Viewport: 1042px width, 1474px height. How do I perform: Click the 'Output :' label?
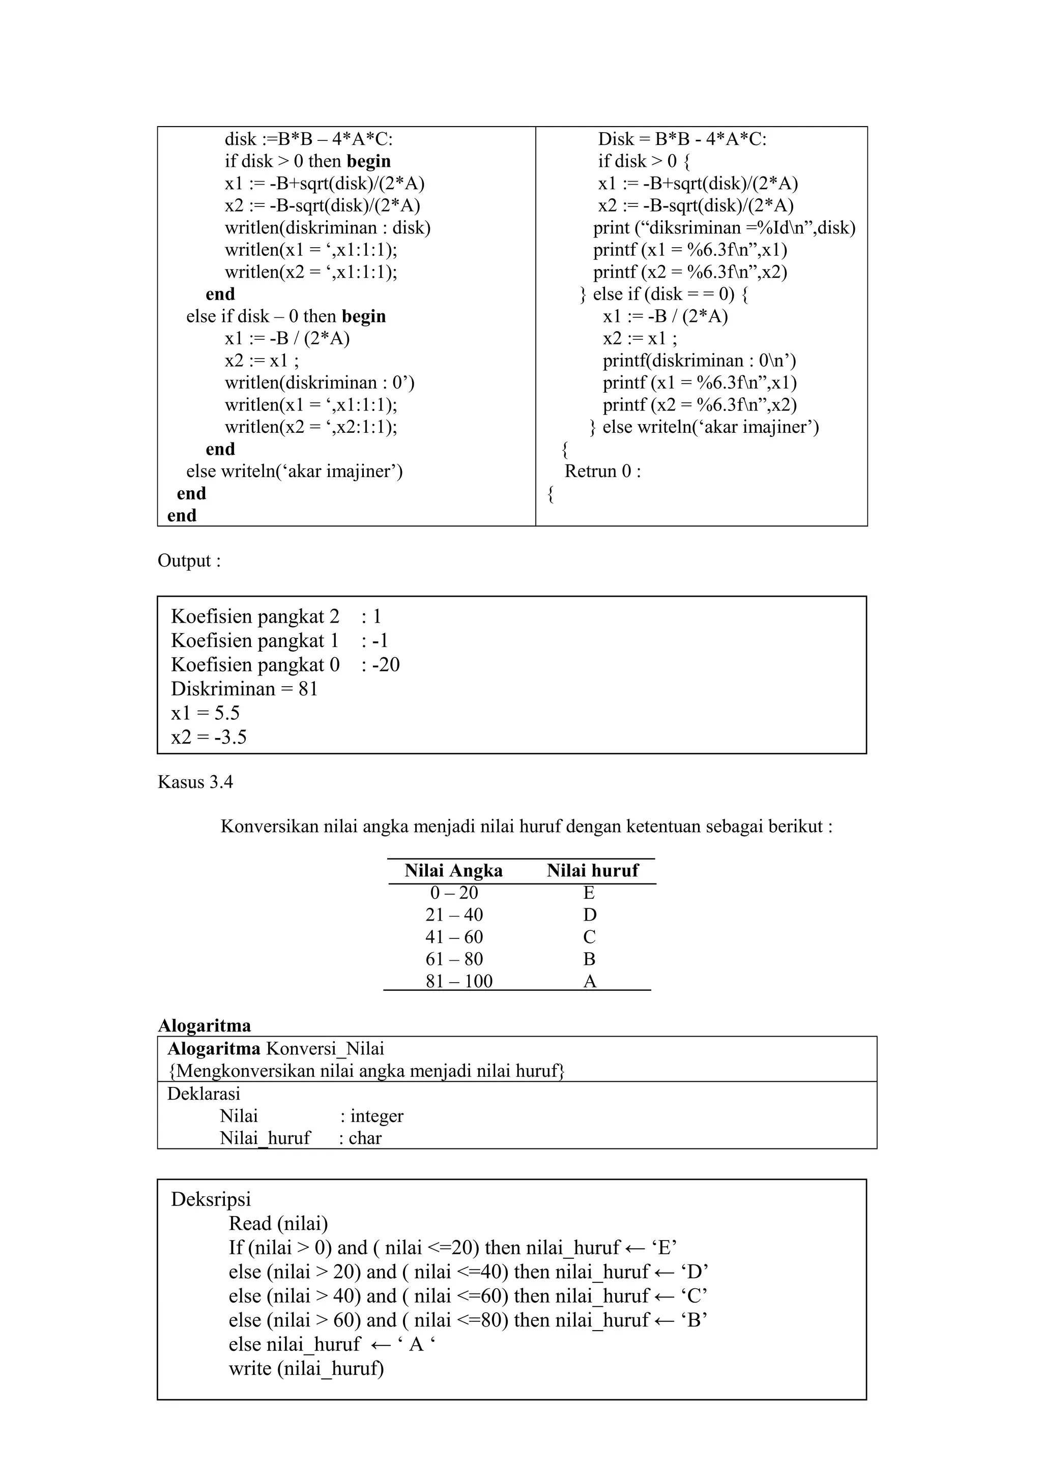189,561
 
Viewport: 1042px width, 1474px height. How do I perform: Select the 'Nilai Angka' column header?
453,871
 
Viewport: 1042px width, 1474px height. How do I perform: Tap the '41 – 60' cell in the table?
454,937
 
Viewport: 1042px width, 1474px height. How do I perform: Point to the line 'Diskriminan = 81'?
244,689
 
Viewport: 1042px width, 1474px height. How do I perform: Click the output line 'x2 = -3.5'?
209,737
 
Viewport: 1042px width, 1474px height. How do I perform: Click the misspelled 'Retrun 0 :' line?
602,471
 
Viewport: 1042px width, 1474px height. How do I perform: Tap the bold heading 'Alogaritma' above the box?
204,1025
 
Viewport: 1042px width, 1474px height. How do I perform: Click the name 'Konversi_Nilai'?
325,1048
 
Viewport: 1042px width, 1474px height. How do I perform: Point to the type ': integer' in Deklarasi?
372,1116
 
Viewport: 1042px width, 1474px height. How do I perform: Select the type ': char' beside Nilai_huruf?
360,1138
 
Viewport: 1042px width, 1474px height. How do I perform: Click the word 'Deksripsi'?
211,1199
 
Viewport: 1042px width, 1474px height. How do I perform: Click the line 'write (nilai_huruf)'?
306,1368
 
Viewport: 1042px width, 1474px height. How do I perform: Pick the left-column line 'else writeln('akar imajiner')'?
294,471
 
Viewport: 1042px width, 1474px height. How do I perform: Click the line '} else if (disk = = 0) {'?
664,294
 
